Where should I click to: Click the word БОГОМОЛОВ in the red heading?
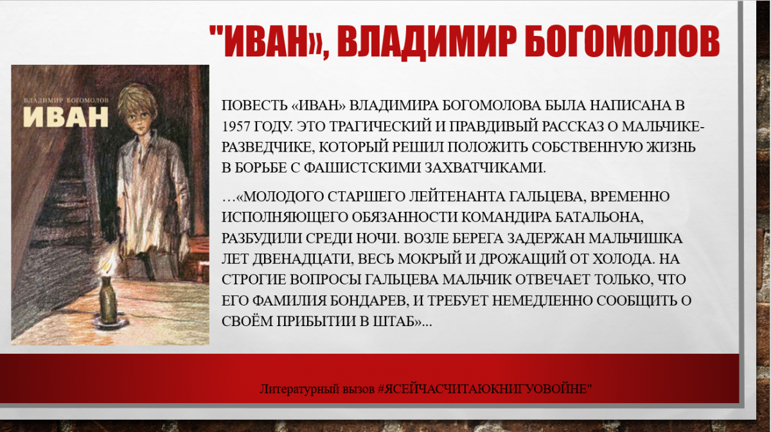point(623,41)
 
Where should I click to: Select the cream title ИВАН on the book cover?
point(66,117)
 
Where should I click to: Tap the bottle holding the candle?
point(109,300)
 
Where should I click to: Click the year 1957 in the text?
point(235,126)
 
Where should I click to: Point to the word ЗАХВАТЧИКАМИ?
point(485,168)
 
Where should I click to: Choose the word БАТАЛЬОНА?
point(599,218)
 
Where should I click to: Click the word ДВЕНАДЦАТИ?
point(303,259)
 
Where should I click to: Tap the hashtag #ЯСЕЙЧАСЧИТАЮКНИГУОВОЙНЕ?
point(484,389)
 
